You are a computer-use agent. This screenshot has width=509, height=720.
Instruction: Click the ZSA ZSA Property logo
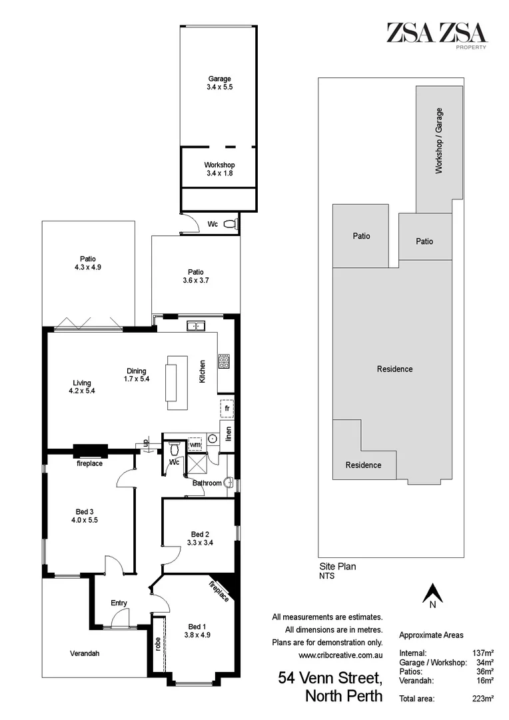click(x=437, y=34)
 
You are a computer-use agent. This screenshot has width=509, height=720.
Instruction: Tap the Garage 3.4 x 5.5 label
click(x=219, y=83)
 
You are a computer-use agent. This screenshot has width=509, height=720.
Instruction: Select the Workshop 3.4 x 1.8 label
click(x=219, y=169)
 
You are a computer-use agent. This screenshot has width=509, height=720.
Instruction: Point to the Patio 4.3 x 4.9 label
click(x=88, y=263)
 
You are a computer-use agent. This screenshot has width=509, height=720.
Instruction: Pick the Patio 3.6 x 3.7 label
click(x=195, y=275)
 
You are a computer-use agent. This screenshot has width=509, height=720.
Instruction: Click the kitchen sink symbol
click(x=197, y=326)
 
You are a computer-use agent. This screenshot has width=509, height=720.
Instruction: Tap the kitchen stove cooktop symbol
click(x=225, y=363)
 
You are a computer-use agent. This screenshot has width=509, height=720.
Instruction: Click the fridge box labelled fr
click(x=227, y=407)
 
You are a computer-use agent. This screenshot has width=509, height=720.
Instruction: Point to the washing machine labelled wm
click(x=195, y=444)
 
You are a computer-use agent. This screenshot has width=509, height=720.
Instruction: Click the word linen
click(x=229, y=433)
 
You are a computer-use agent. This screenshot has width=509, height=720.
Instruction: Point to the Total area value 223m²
click(x=482, y=698)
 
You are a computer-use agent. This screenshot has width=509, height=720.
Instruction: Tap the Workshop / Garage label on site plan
click(x=439, y=141)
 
